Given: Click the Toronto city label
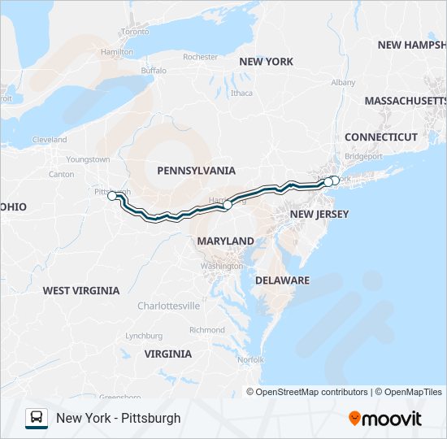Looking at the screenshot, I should (135, 32).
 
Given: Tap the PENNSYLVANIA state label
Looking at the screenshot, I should (196, 171).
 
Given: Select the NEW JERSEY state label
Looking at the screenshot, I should (319, 215).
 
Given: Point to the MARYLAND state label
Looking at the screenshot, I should (225, 241).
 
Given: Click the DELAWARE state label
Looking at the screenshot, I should (282, 280).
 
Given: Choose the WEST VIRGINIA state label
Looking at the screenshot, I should (81, 291).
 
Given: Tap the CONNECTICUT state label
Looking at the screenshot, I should (380, 137).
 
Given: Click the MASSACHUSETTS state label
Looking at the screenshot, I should (405, 101).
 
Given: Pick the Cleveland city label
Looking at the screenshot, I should (50, 140).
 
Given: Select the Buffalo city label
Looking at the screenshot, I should (153, 71).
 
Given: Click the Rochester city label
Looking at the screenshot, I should (200, 57).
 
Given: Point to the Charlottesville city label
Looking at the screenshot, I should (168, 306).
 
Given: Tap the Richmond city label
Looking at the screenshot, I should (206, 330).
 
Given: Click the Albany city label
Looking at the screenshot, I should (343, 83).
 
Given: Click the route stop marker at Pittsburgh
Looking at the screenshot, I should (112, 196).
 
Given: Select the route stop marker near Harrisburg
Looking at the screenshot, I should (228, 206).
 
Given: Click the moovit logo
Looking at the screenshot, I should (385, 419).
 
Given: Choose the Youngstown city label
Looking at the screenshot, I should (88, 159).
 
